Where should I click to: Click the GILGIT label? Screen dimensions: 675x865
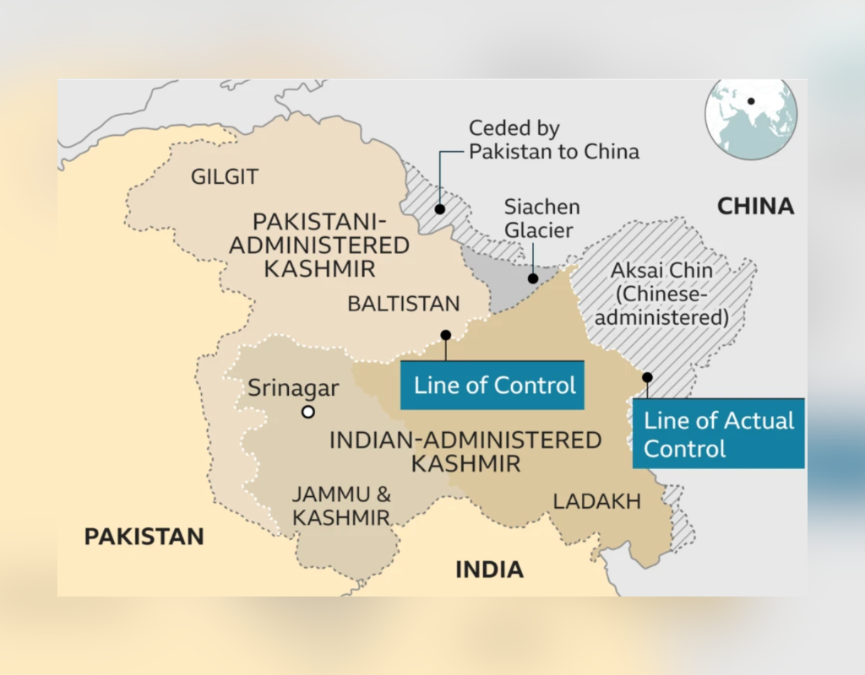click(225, 177)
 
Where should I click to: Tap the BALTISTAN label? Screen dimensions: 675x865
click(404, 304)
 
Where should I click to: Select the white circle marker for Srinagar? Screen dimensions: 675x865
click(308, 412)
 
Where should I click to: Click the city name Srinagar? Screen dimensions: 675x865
click(293, 388)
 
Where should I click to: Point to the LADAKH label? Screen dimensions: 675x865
click(596, 501)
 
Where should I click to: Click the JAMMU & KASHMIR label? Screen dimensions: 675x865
click(341, 505)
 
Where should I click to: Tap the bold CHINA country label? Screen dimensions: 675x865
click(755, 206)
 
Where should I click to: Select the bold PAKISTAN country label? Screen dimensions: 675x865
click(144, 537)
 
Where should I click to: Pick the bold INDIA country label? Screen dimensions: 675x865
click(489, 570)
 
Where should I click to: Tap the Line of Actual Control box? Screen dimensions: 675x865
click(718, 434)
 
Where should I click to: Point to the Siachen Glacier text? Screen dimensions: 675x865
click(541, 218)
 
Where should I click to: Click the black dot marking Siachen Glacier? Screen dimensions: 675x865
click(533, 278)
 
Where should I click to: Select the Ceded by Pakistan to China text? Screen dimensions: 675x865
click(553, 140)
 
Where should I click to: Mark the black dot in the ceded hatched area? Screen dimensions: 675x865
click(439, 208)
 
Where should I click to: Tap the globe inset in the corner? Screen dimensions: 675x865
click(751, 119)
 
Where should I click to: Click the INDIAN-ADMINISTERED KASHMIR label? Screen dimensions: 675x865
click(465, 451)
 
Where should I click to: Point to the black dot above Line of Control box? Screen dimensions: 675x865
click(446, 335)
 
